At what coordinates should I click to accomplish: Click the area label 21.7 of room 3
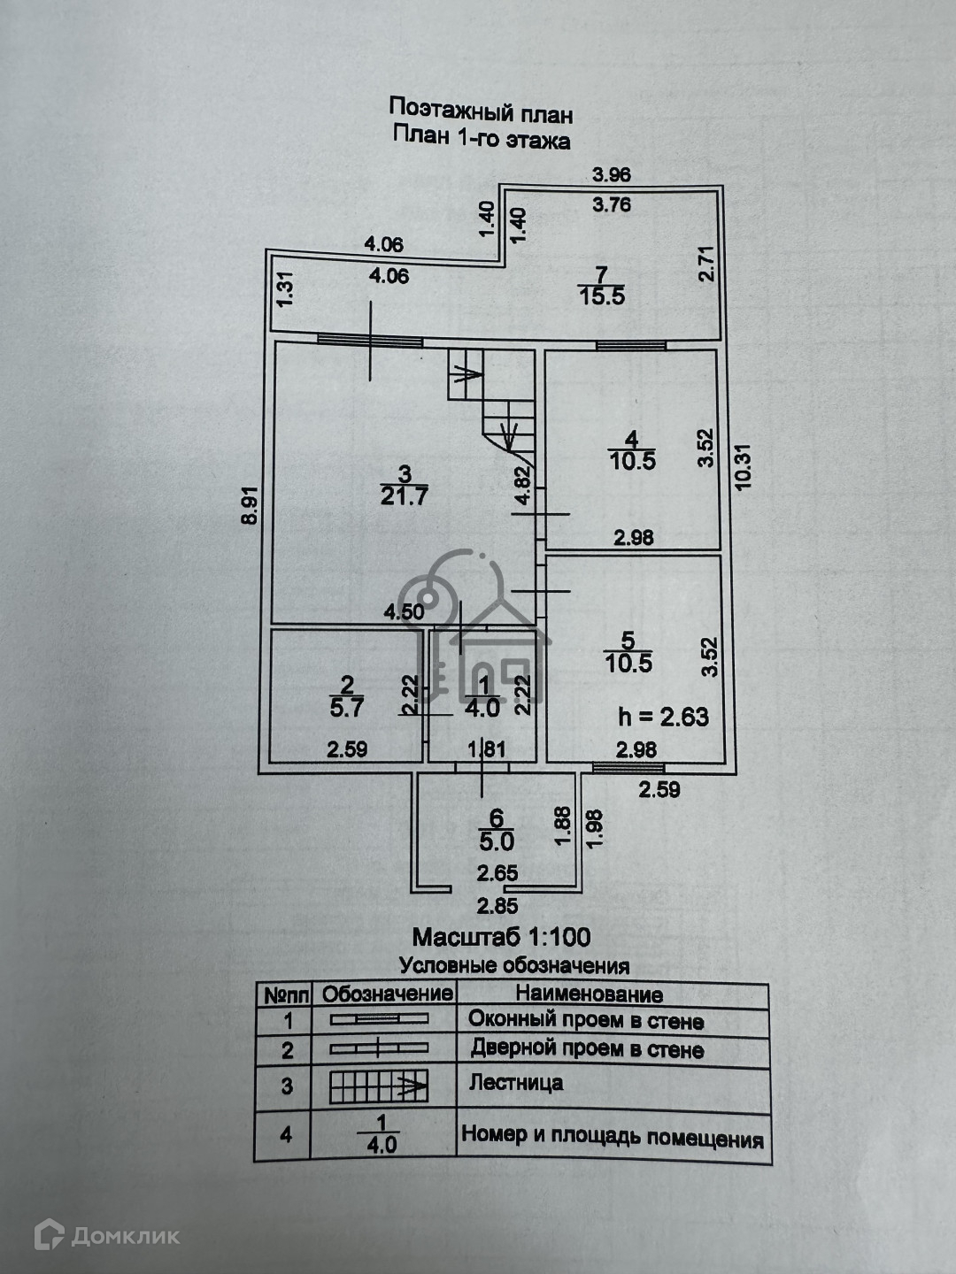[x=404, y=497]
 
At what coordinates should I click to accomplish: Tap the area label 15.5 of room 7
[x=601, y=296]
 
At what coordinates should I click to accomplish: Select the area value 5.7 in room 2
[x=346, y=708]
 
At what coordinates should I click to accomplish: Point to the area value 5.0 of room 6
[x=497, y=841]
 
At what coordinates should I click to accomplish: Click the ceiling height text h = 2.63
[x=664, y=717]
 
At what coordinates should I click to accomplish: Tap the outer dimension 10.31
[x=744, y=466]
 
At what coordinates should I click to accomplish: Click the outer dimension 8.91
[x=250, y=505]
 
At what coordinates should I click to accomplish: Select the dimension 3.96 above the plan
[x=611, y=174]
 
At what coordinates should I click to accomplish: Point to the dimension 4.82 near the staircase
[x=523, y=487]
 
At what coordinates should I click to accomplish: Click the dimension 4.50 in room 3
[x=404, y=611]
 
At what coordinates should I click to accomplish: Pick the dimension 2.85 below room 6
[x=497, y=906]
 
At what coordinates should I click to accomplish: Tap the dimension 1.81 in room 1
[x=487, y=749]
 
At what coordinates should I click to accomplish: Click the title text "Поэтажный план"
[x=481, y=111]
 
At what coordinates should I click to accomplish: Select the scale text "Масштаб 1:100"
[x=502, y=937]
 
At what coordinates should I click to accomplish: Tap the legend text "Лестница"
[x=516, y=1083]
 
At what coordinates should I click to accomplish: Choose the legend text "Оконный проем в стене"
[x=586, y=1020]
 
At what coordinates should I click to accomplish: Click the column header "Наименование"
[x=590, y=994]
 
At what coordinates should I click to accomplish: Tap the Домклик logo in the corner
[x=107, y=1232]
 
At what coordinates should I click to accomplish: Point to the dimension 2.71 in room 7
[x=707, y=264]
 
